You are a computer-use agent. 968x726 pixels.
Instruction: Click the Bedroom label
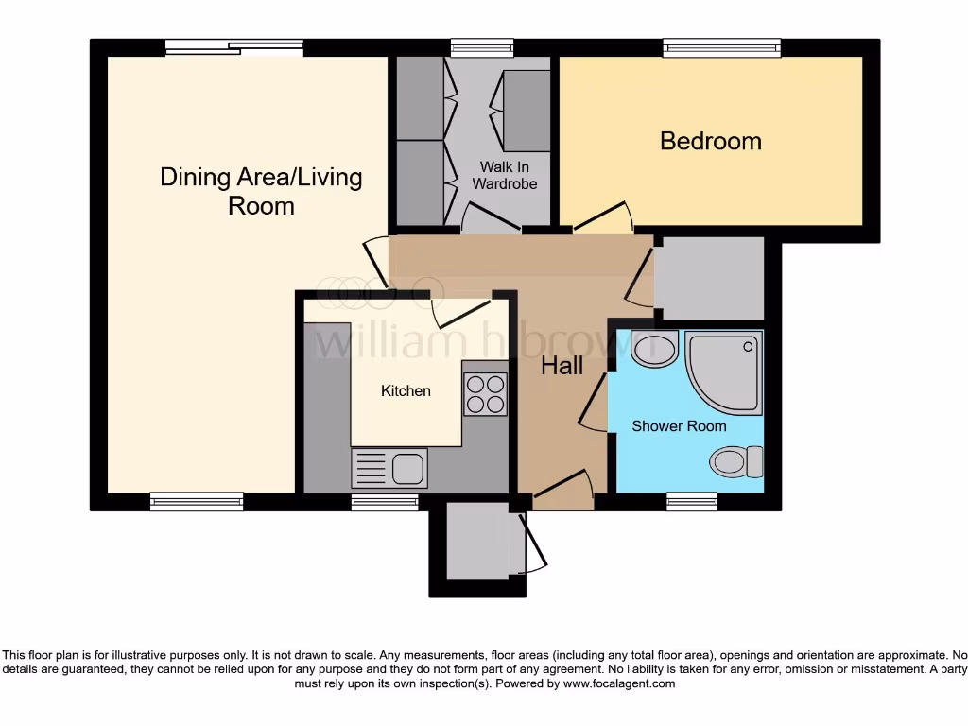pos(710,141)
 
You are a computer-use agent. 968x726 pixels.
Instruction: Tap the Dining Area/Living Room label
pos(261,191)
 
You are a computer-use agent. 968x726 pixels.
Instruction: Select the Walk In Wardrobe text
pos(504,175)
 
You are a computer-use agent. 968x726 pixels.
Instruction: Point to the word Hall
pos(562,366)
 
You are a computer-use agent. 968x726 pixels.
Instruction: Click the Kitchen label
pos(406,390)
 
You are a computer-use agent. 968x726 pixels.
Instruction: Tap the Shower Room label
pos(679,426)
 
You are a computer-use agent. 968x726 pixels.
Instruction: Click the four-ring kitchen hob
pos(484,393)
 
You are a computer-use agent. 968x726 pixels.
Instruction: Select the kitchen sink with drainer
pos(389,467)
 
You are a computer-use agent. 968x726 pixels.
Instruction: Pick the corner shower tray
pos(724,372)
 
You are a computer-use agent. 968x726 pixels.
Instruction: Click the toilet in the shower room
pos(736,462)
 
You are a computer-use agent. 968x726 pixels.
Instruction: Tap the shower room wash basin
pos(654,350)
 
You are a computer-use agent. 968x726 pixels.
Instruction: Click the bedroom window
pos(721,47)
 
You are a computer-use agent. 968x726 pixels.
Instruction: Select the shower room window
pos(692,502)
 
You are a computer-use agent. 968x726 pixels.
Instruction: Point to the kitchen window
pos(384,502)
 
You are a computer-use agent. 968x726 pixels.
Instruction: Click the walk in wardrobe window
pos(481,47)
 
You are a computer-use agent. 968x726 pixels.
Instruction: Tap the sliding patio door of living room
pos(233,47)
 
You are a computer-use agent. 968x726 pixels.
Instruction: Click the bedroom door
pos(603,218)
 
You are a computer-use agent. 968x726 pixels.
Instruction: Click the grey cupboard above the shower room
pos(709,278)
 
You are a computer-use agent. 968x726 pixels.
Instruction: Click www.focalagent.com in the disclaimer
pos(618,683)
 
